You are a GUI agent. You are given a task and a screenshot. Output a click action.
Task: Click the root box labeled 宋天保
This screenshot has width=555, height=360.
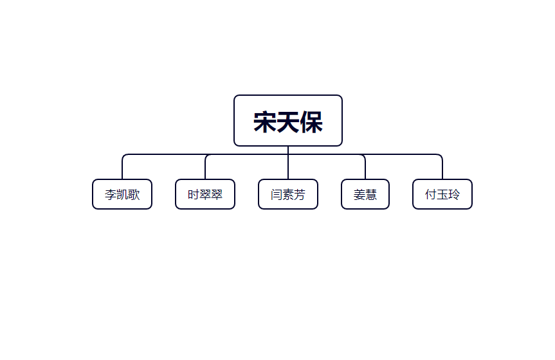[287, 120]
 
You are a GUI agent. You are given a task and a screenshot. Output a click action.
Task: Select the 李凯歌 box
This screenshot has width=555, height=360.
[122, 194]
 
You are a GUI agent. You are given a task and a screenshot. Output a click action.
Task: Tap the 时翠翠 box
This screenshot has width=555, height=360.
[205, 194]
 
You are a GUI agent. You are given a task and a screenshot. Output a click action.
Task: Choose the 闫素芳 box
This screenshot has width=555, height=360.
[287, 194]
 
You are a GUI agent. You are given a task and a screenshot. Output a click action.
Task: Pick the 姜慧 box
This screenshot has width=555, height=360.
[365, 194]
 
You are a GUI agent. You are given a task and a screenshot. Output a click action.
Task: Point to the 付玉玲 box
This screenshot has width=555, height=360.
[442, 194]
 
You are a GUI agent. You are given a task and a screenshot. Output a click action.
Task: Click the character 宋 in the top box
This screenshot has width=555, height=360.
[265, 122]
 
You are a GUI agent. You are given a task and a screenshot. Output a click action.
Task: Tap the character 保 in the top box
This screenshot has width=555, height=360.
[311, 122]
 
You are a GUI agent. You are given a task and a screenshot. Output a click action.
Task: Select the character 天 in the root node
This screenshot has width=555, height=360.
[288, 122]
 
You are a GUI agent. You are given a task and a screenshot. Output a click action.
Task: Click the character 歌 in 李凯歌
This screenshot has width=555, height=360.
[134, 194]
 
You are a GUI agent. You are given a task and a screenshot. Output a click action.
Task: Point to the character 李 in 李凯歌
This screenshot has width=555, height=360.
[111, 194]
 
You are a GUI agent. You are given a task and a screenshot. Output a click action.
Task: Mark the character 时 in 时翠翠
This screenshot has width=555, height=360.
[194, 194]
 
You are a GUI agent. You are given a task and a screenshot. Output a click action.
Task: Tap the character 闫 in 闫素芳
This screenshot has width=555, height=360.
[276, 194]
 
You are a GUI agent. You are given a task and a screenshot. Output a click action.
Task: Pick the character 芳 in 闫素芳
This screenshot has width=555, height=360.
[300, 194]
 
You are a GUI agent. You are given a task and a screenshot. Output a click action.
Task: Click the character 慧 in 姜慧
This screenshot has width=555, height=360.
[371, 194]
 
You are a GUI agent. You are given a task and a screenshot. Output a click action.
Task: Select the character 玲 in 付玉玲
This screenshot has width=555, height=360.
[454, 194]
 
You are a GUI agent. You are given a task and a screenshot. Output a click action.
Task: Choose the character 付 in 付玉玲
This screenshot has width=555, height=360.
[430, 194]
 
